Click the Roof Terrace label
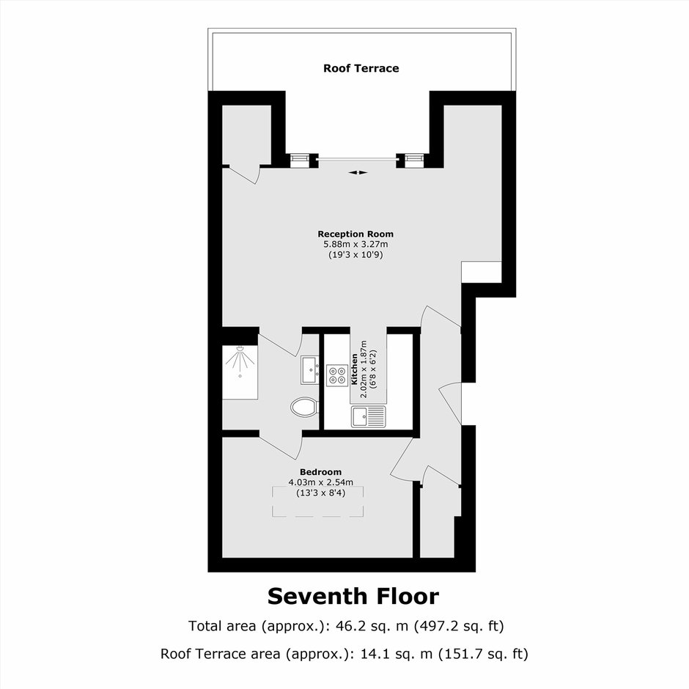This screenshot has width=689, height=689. pyautogui.click(x=361, y=68)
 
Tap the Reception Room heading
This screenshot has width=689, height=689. pyautogui.click(x=355, y=234)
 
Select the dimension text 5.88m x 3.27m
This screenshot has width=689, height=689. pyautogui.click(x=355, y=244)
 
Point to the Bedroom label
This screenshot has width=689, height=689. pyautogui.click(x=321, y=472)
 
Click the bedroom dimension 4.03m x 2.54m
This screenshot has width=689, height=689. pyautogui.click(x=321, y=482)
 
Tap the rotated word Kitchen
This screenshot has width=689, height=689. pyautogui.click(x=355, y=369)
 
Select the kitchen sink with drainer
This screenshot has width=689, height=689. pyautogui.click(x=368, y=416)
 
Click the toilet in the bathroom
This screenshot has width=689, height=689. pyautogui.click(x=304, y=407)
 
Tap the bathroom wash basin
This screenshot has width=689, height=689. pyautogui.click(x=310, y=370)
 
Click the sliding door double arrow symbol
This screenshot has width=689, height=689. pyautogui.click(x=358, y=173)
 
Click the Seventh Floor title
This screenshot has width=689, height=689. pyautogui.click(x=353, y=597)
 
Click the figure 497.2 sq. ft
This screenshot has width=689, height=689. pyautogui.click(x=459, y=626)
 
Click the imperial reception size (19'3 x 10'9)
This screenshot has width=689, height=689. pyautogui.click(x=355, y=255)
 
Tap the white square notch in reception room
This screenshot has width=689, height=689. pyautogui.click(x=482, y=273)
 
